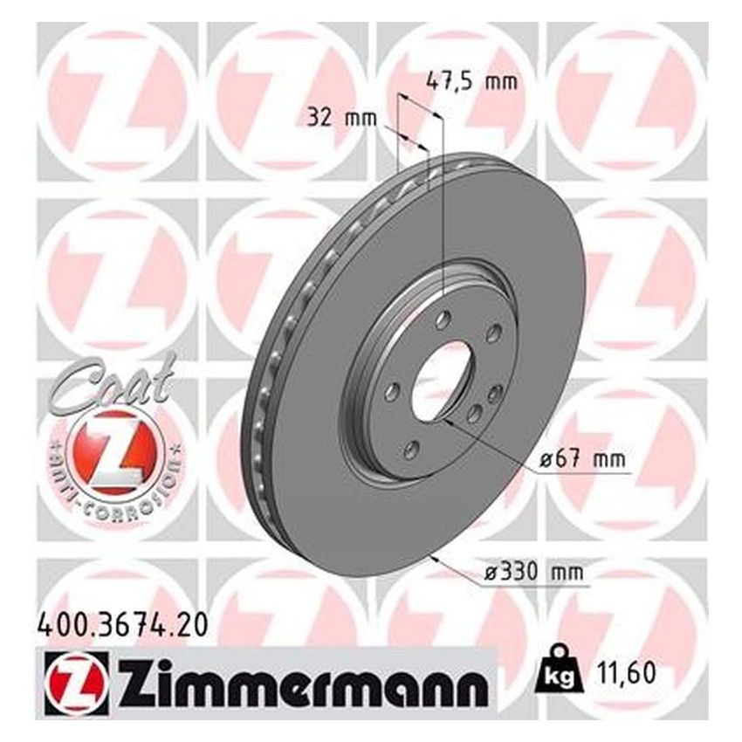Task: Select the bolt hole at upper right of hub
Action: (x=494, y=332)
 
